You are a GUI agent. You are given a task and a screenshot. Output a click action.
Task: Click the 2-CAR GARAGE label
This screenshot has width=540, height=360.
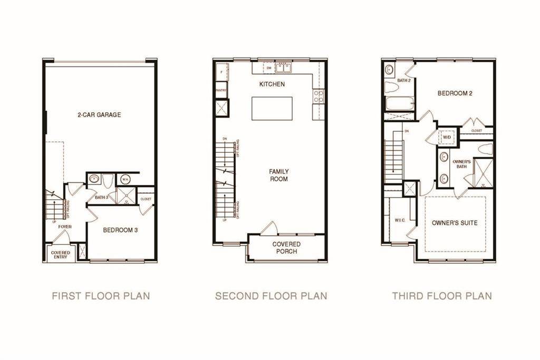pyautogui.click(x=99, y=114)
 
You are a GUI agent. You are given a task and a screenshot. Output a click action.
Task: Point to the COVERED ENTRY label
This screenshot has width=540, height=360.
pyautogui.click(x=61, y=255)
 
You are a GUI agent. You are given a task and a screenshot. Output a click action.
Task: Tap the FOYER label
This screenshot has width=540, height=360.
pyautogui.click(x=65, y=227)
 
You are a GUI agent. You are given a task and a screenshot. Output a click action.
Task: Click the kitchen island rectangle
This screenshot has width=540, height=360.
pyautogui.click(x=272, y=109)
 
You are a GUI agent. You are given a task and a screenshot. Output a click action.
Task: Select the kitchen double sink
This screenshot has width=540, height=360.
pyautogui.click(x=283, y=68)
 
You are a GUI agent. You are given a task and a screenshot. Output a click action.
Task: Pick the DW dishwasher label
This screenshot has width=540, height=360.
pyautogui.click(x=268, y=68)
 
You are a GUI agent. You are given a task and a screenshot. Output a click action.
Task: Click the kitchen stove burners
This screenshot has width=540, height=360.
pyautogui.click(x=319, y=95)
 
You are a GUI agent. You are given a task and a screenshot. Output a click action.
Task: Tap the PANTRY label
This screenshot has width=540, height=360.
pyautogui.click(x=221, y=91)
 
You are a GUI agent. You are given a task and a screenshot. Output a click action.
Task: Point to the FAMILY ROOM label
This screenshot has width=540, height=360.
pyautogui.click(x=278, y=175)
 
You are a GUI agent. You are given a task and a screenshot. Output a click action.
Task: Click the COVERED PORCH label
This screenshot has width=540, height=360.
pyautogui.click(x=286, y=248)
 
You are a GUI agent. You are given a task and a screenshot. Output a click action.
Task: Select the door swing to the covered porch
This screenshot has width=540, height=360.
pyautogui.click(x=268, y=228)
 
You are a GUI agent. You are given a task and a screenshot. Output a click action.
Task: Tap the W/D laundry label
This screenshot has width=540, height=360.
pyautogui.click(x=447, y=137)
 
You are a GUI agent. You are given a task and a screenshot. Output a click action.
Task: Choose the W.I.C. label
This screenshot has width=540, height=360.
pyautogui.click(x=399, y=220)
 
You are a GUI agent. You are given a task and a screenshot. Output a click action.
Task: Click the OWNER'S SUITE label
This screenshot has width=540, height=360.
pyautogui.click(x=455, y=223)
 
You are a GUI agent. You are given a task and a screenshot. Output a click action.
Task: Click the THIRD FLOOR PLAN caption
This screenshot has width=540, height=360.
pyautogui.click(x=442, y=296)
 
